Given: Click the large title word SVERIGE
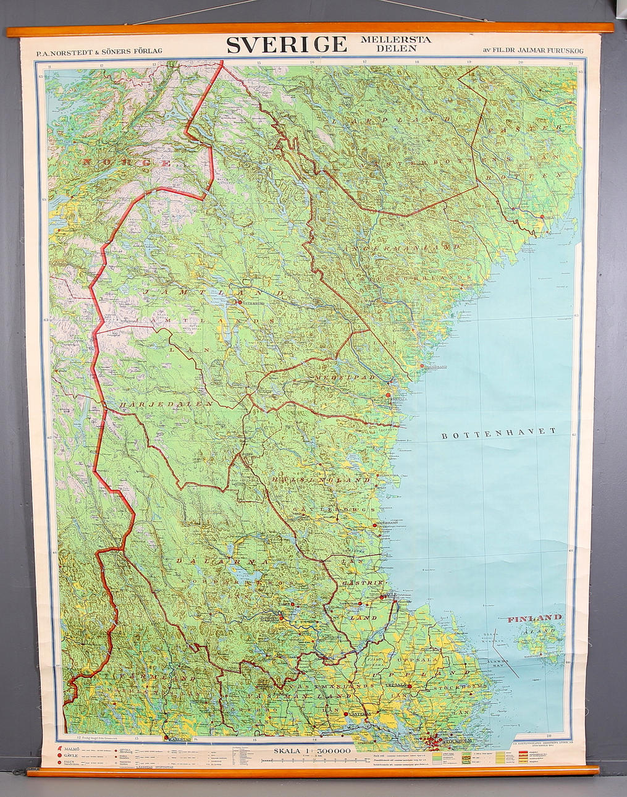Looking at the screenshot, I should click(287, 45).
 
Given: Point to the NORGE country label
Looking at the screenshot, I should click(127, 163).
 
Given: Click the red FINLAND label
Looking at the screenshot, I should click(535, 618).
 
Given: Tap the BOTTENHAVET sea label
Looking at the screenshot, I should click(499, 432).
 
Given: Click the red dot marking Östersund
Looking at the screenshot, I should click(238, 302).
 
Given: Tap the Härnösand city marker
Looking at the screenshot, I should click(422, 366).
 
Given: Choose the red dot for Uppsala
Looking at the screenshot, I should click(410, 686).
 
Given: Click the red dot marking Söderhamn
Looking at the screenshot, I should click(375, 525).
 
